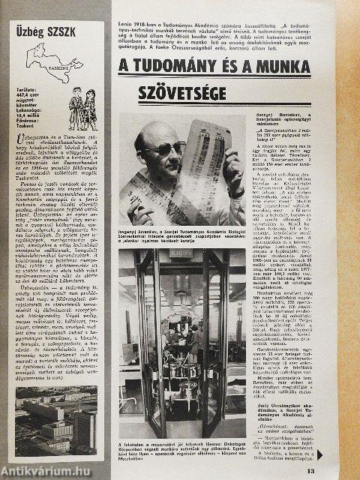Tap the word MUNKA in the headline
click(x=307, y=66)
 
